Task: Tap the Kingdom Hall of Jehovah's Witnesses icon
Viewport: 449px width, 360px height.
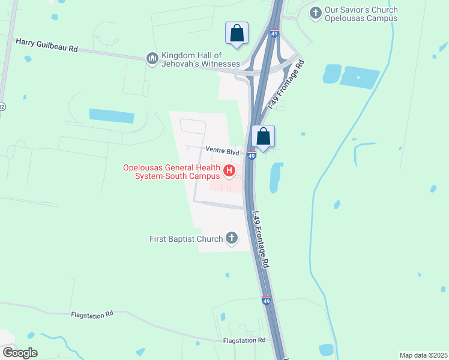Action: tap(152, 58)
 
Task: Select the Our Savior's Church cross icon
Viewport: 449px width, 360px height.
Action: tap(315, 13)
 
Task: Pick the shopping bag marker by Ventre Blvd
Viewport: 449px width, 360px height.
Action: tap(263, 136)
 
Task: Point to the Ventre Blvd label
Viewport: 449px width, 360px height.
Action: tap(222, 152)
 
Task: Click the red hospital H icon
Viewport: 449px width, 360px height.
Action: tap(229, 172)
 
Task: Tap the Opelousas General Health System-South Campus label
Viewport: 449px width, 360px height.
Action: tap(171, 172)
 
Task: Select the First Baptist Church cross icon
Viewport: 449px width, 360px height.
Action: tap(232, 239)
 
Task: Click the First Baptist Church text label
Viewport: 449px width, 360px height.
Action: tap(186, 239)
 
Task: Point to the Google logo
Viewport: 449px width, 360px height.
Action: tap(20, 353)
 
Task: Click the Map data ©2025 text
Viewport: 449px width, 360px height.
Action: tap(423, 355)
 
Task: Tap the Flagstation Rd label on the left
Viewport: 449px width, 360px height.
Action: tap(92, 314)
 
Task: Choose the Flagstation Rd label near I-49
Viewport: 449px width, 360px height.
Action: tap(244, 340)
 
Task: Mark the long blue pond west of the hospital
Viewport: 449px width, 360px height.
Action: tap(111, 116)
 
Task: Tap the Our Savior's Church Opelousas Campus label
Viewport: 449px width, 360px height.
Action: tap(361, 14)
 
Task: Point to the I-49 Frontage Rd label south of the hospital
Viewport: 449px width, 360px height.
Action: tap(261, 240)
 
